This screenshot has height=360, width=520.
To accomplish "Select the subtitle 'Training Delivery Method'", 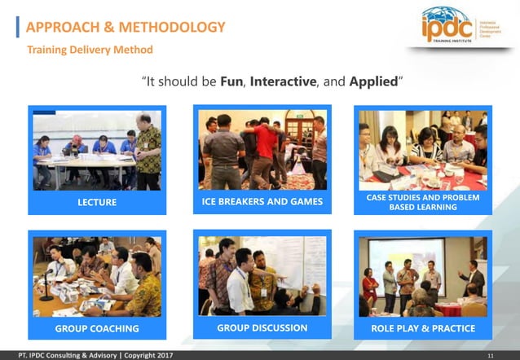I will [x=90, y=50].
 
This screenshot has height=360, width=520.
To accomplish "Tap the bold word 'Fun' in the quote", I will [x=232, y=82].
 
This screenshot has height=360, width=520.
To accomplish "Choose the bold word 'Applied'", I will [x=374, y=82].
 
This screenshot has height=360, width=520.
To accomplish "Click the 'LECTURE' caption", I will [x=97, y=202].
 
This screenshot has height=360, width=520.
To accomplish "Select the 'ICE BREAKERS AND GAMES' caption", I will [x=262, y=201].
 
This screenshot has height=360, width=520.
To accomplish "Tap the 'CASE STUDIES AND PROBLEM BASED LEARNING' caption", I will [x=423, y=201].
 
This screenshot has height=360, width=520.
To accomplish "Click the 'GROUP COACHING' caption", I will [x=97, y=329].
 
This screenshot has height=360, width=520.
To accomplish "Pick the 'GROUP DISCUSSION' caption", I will [x=262, y=328].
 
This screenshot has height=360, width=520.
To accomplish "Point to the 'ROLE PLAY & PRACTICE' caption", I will [x=423, y=329].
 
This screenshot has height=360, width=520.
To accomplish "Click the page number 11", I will [x=490, y=355].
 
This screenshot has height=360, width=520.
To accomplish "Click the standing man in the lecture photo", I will [x=148, y=147].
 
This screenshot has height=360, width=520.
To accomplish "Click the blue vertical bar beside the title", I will [x=18, y=28].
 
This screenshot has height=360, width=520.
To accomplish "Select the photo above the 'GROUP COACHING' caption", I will [x=97, y=277].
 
